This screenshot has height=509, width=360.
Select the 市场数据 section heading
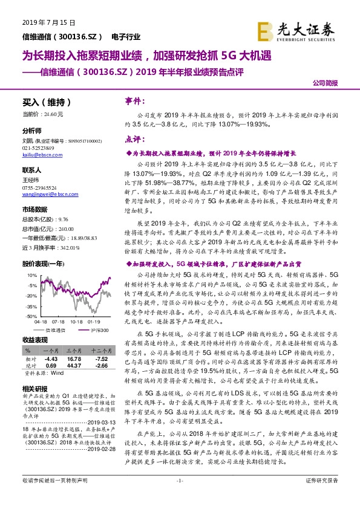pos(34,208)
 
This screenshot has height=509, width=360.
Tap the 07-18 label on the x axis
pos(59,322)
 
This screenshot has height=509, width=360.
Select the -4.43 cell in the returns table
pos(50,359)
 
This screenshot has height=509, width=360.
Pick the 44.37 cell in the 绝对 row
pos(74,366)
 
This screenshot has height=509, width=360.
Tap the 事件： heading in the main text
pos(133,100)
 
